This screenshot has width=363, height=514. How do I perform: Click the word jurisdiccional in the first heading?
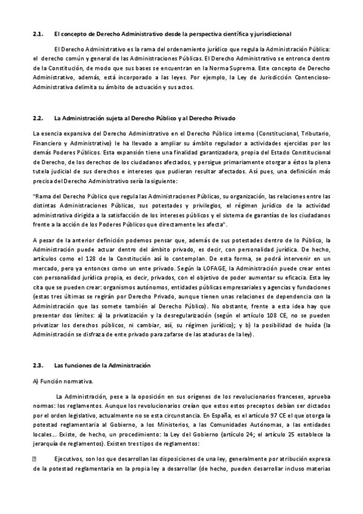[273, 34]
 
